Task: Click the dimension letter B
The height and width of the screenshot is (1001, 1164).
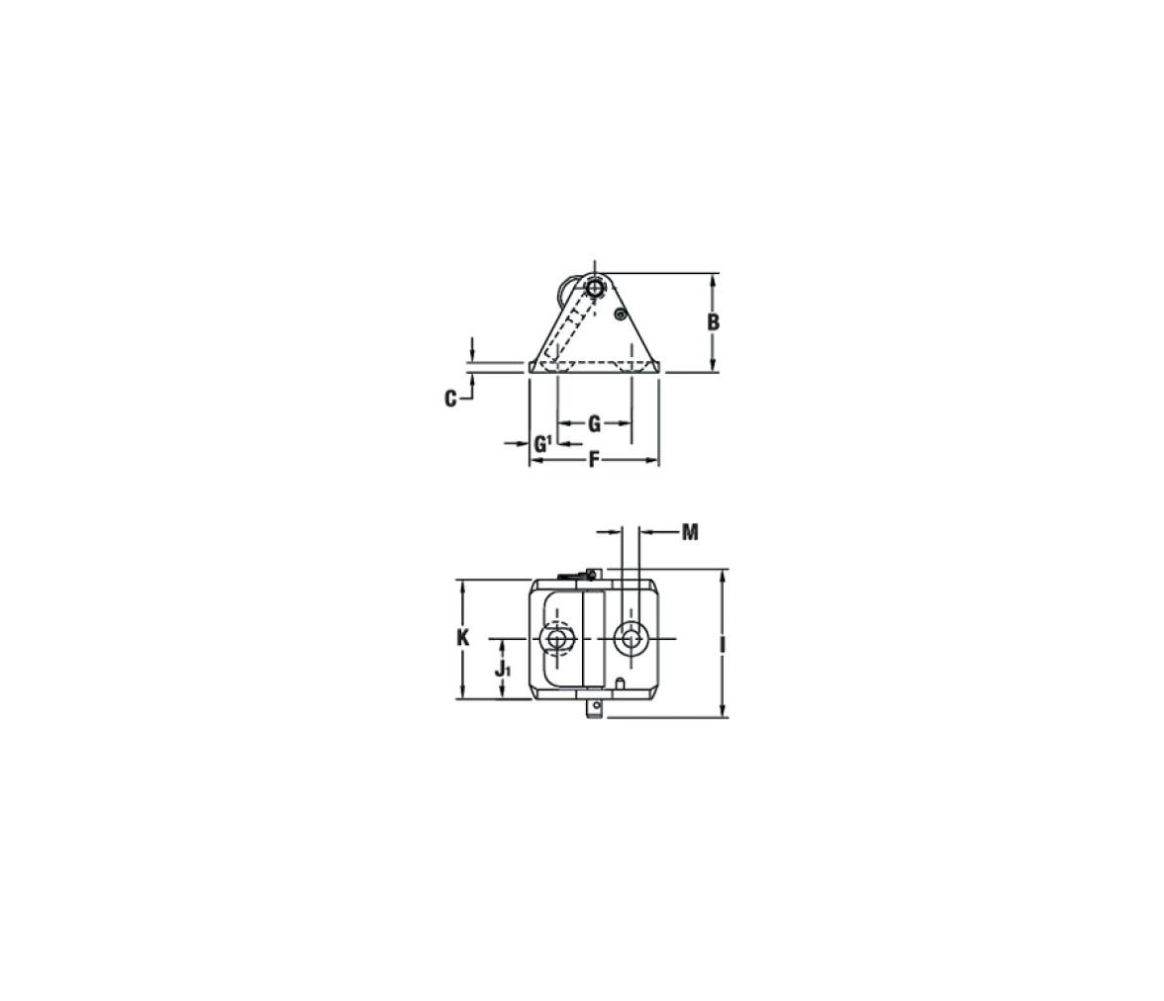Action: tap(713, 322)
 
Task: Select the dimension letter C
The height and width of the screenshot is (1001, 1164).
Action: tap(449, 400)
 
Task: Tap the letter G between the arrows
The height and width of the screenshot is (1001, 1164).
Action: tap(594, 424)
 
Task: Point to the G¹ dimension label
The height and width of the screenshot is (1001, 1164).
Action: tap(542, 444)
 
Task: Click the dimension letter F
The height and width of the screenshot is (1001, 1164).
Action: tap(594, 461)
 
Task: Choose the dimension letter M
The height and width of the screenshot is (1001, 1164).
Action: tap(691, 532)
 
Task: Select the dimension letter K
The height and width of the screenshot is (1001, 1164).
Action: tap(463, 637)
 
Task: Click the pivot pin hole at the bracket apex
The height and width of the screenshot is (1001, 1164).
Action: tap(594, 287)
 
